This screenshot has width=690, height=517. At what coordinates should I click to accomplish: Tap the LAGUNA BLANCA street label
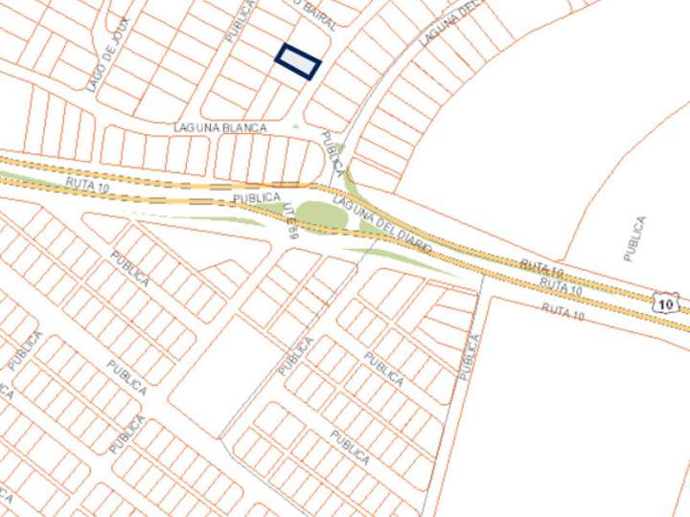[219, 126]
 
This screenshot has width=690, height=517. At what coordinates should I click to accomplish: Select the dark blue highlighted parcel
[298, 62]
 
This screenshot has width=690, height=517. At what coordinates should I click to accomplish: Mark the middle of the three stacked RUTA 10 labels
[560, 286]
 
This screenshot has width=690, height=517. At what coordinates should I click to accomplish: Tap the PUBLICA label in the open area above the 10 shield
[634, 238]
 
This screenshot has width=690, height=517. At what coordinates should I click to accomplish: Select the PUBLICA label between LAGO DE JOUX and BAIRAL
[239, 19]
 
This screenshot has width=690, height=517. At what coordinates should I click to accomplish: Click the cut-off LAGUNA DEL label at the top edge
[447, 24]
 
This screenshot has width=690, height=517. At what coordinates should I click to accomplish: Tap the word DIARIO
[412, 237]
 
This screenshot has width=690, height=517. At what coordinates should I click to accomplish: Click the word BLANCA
[243, 126]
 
